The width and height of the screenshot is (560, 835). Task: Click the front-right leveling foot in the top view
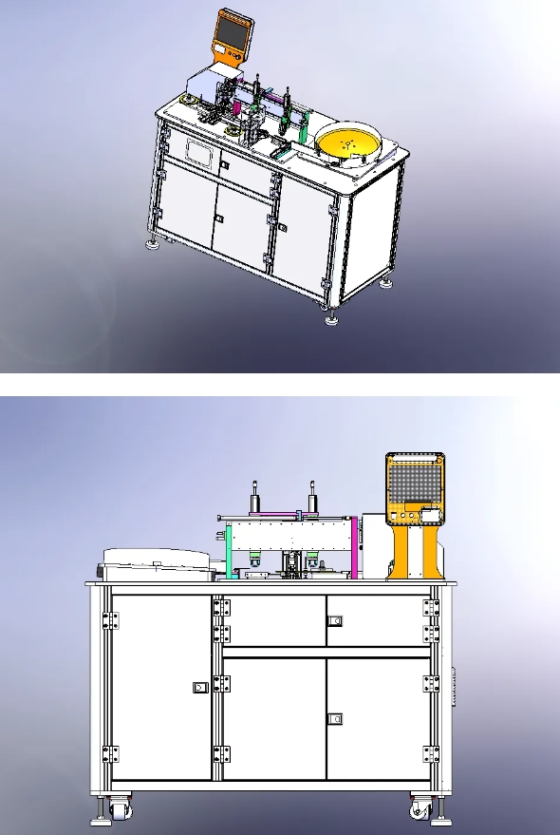[x=332, y=318]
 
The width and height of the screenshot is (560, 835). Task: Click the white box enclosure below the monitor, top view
[x=204, y=84]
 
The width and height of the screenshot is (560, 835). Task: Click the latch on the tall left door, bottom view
[x=198, y=686]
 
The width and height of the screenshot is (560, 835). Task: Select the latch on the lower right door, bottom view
[x=333, y=719]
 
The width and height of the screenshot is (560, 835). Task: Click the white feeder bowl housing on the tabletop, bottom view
[x=152, y=564]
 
